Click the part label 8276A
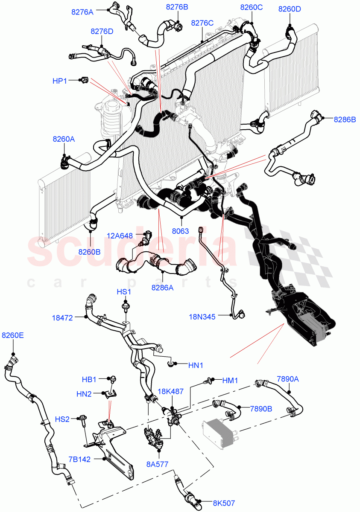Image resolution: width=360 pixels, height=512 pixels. point(82,12)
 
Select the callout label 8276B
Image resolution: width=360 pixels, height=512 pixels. point(177,7)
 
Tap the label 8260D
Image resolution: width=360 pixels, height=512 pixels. point(290,9)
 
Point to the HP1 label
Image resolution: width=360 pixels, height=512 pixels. point(59,80)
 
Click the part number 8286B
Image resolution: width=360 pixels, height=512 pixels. point(345,120)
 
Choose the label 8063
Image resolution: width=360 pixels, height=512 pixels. point(181,231)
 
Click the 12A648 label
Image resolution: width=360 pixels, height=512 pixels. point(120,234)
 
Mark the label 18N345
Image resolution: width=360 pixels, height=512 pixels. point(202,317)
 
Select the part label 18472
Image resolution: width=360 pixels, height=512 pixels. point(63,317)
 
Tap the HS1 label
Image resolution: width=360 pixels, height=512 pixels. point(124,292)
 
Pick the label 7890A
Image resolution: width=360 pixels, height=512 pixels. point(288,378)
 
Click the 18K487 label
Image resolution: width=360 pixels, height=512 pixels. point(171,391)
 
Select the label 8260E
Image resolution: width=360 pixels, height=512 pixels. point(13,335)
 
